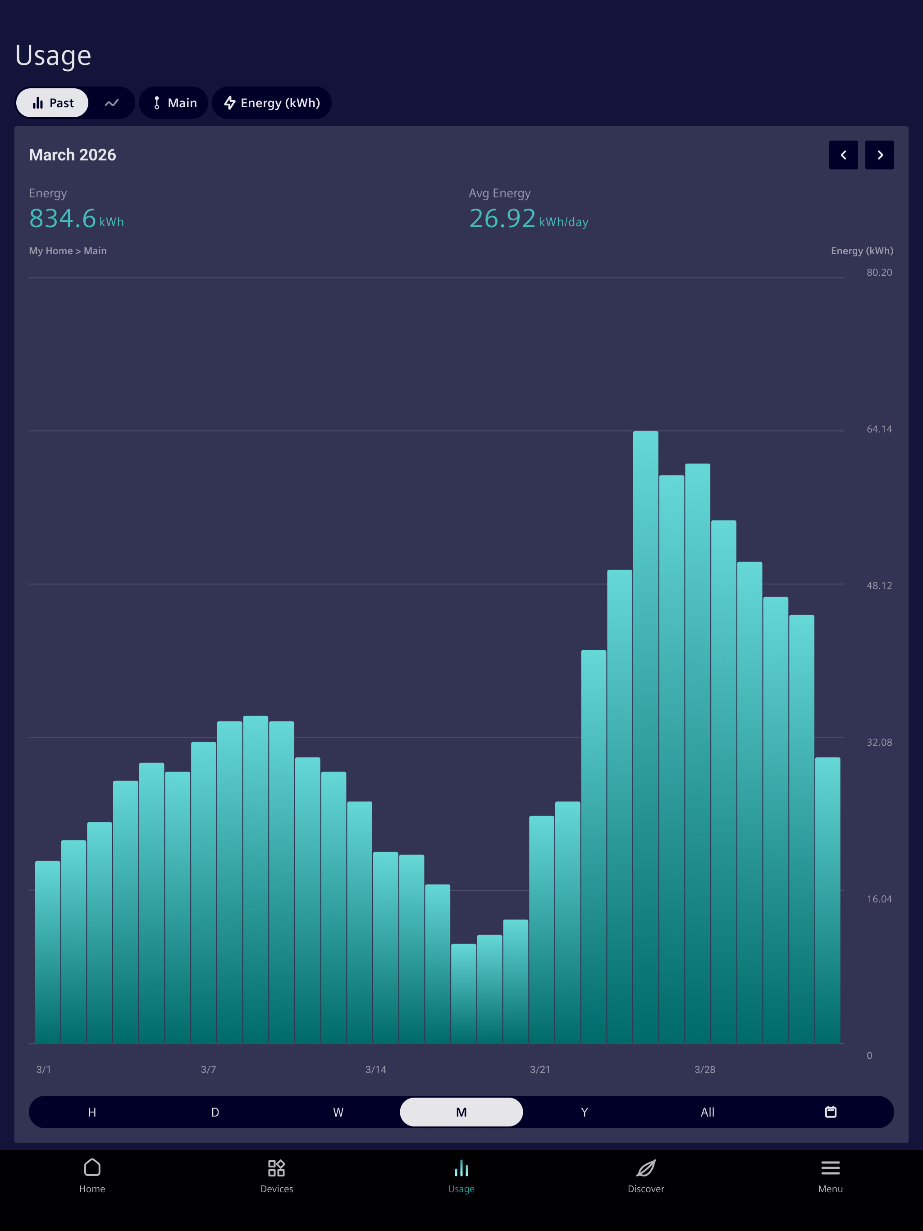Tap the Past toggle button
point(52,103)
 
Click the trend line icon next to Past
point(112,103)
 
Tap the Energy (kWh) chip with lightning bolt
point(272,103)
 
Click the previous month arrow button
point(843,155)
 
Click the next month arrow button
point(880,155)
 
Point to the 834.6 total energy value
point(62,218)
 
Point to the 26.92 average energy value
point(502,218)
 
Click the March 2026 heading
point(73,155)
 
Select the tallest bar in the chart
point(646,737)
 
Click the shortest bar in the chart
point(464,994)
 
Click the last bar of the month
point(828,900)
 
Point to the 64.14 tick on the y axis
point(879,429)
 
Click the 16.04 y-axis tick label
point(879,899)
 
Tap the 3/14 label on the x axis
point(376,1070)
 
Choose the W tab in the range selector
point(338,1112)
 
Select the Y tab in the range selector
point(585,1112)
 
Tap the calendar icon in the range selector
point(831,1112)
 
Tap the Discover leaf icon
point(646,1168)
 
